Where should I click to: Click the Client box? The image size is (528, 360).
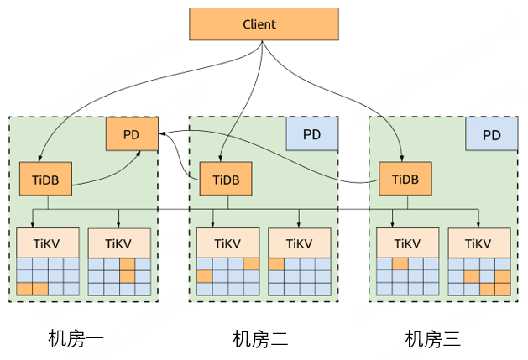264,24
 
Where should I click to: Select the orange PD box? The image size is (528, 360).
132,134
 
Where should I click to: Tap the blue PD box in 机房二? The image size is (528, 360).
311,134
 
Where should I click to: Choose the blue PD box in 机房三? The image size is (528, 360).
492,134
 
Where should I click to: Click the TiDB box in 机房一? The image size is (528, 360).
45,179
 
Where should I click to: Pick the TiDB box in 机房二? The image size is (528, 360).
226,179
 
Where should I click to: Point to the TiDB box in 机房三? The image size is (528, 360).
405,179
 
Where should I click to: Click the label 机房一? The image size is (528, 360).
76,338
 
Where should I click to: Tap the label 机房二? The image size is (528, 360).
260,338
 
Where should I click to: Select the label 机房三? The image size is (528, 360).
432,338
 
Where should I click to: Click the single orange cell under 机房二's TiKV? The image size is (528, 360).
276,264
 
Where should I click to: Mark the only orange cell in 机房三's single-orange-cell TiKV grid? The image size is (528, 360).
400,264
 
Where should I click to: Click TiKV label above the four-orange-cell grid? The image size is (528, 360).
478,243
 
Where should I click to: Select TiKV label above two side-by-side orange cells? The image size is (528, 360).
46,243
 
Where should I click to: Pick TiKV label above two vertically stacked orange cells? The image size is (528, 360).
118,243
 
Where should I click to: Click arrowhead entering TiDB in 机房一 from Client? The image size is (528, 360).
40,159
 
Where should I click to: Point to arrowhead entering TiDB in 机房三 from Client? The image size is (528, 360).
401,159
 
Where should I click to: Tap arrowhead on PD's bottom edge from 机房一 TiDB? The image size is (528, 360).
138,154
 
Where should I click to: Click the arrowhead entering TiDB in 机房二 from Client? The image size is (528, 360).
220,159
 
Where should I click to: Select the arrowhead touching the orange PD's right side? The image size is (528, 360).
162,133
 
